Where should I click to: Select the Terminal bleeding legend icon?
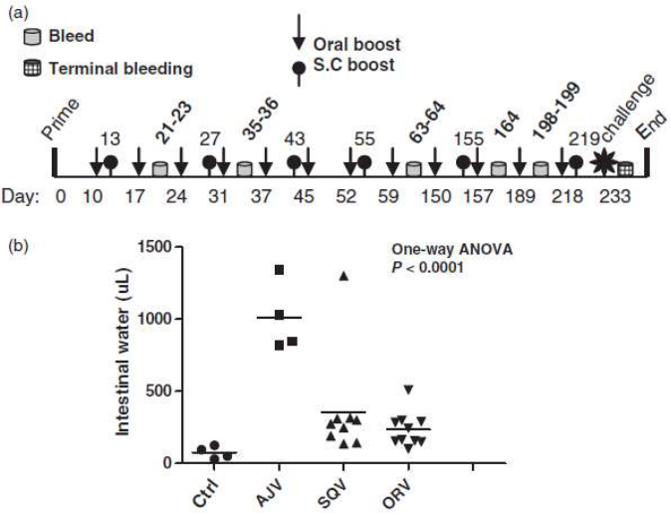coord(31,68)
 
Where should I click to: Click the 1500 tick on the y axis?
coord(152,247)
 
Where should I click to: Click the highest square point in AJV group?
coord(280,269)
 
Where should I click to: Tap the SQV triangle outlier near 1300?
coord(343,276)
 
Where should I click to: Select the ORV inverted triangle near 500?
coord(408,389)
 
